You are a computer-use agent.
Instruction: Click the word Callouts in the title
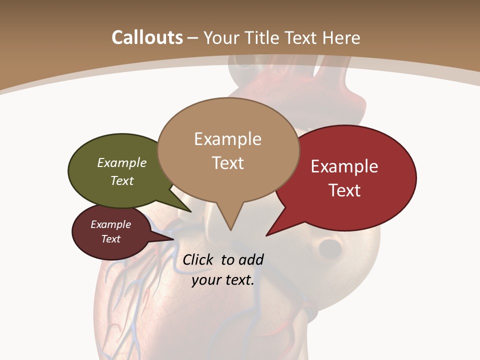point(147,37)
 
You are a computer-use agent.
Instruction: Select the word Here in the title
point(342,37)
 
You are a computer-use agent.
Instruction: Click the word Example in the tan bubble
point(227,139)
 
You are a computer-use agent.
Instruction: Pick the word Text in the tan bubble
point(227,163)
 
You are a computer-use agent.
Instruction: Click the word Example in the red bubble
point(344,166)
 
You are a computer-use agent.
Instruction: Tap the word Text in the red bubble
point(344,190)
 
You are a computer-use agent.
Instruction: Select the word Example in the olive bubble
point(122,162)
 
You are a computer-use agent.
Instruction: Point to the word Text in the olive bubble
point(122,180)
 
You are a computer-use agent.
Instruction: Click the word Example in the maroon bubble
point(111,224)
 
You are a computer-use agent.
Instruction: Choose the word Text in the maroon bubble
point(111,239)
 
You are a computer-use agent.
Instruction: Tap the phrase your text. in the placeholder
point(223,280)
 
